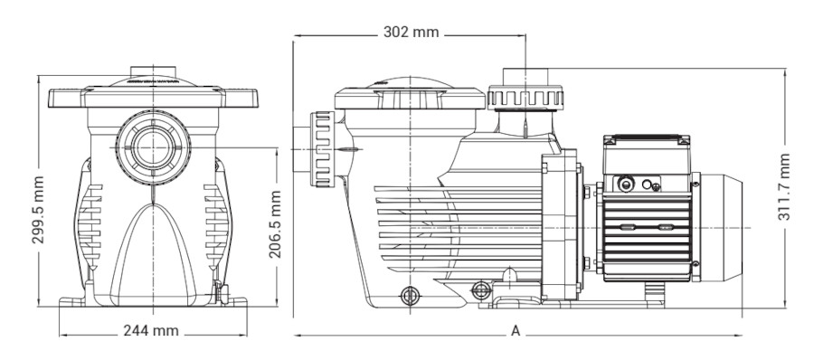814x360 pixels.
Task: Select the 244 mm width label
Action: [151, 331]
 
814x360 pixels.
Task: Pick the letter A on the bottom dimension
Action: [516, 331]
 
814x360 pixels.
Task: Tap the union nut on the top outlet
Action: [527, 94]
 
